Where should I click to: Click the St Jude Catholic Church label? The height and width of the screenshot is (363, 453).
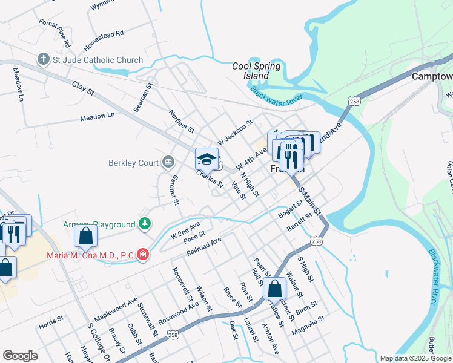[98, 60]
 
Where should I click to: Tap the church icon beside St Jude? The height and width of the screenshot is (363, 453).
[43, 60]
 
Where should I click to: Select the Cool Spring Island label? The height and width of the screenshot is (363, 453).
[256, 71]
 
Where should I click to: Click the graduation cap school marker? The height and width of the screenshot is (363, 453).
[207, 159]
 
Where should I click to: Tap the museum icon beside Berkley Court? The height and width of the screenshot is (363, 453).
[168, 162]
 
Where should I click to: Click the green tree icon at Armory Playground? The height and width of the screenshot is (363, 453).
[144, 224]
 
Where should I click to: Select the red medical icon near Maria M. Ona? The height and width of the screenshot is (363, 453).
[142, 255]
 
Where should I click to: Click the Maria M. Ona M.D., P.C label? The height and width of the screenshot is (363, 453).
[90, 255]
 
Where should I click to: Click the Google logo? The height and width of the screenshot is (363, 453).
[20, 356]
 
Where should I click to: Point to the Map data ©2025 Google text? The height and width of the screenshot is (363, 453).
[415, 358]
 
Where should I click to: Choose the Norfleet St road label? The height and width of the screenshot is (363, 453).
[182, 121]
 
